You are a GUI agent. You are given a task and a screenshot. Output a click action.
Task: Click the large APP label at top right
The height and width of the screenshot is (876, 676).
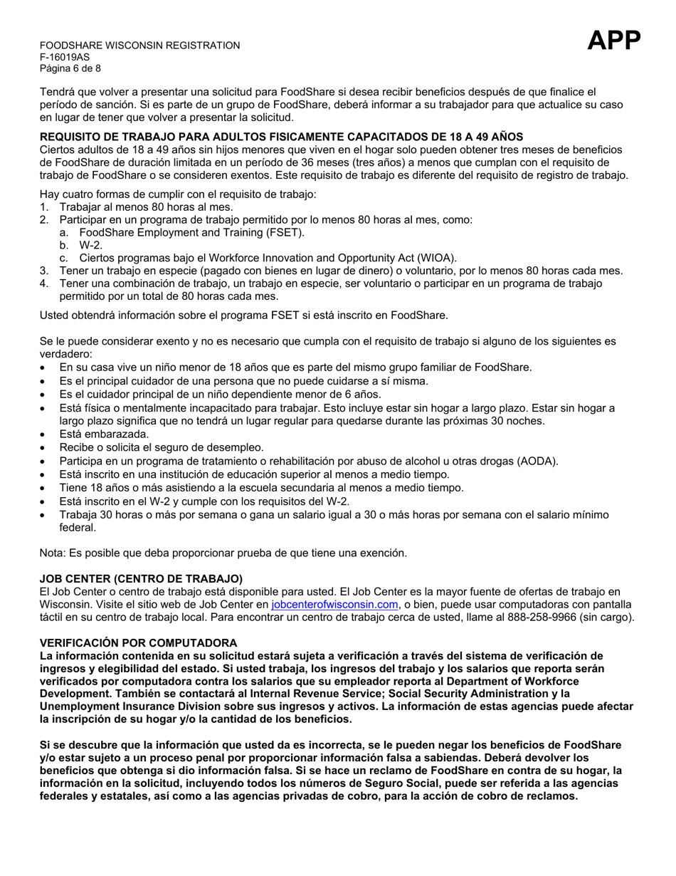pos(614,41)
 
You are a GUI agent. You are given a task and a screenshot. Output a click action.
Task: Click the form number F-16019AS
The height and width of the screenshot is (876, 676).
pos(65,57)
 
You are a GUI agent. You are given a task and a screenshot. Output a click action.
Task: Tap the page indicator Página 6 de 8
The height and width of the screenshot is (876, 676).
pos(70,68)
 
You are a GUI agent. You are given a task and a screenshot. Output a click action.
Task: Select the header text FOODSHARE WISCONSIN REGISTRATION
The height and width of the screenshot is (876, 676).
pos(139,46)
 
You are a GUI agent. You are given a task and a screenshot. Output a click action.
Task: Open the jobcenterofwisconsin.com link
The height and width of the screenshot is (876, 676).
pos(334,605)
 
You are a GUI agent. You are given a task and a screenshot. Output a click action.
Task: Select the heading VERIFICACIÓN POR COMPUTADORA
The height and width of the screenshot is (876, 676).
pos(138,642)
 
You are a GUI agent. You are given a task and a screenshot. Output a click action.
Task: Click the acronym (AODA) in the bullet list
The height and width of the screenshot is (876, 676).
pos(534,462)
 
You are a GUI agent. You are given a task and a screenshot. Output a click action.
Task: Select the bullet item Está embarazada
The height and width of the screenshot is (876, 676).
pos(104,434)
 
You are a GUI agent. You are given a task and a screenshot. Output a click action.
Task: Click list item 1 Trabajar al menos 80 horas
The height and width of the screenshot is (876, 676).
pos(146,207)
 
